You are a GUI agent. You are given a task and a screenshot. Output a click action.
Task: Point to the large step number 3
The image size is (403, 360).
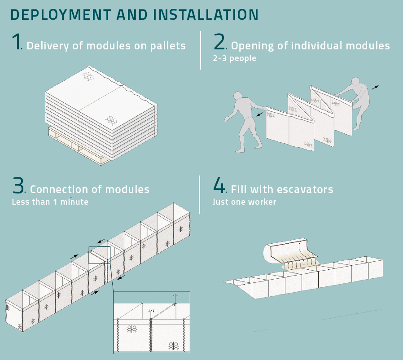18,186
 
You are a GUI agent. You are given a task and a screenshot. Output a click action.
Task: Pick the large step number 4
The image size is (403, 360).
219,186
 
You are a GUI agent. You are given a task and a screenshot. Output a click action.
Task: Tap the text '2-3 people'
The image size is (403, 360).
234,58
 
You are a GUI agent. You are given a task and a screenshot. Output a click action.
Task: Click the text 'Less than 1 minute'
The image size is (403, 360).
50,202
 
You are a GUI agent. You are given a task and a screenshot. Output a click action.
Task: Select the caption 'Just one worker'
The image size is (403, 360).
244,202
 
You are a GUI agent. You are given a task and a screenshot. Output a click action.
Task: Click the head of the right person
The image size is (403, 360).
355,82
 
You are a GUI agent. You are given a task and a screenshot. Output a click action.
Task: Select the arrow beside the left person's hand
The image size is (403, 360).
259,115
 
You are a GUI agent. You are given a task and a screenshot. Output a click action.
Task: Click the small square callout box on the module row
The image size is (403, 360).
99,255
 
